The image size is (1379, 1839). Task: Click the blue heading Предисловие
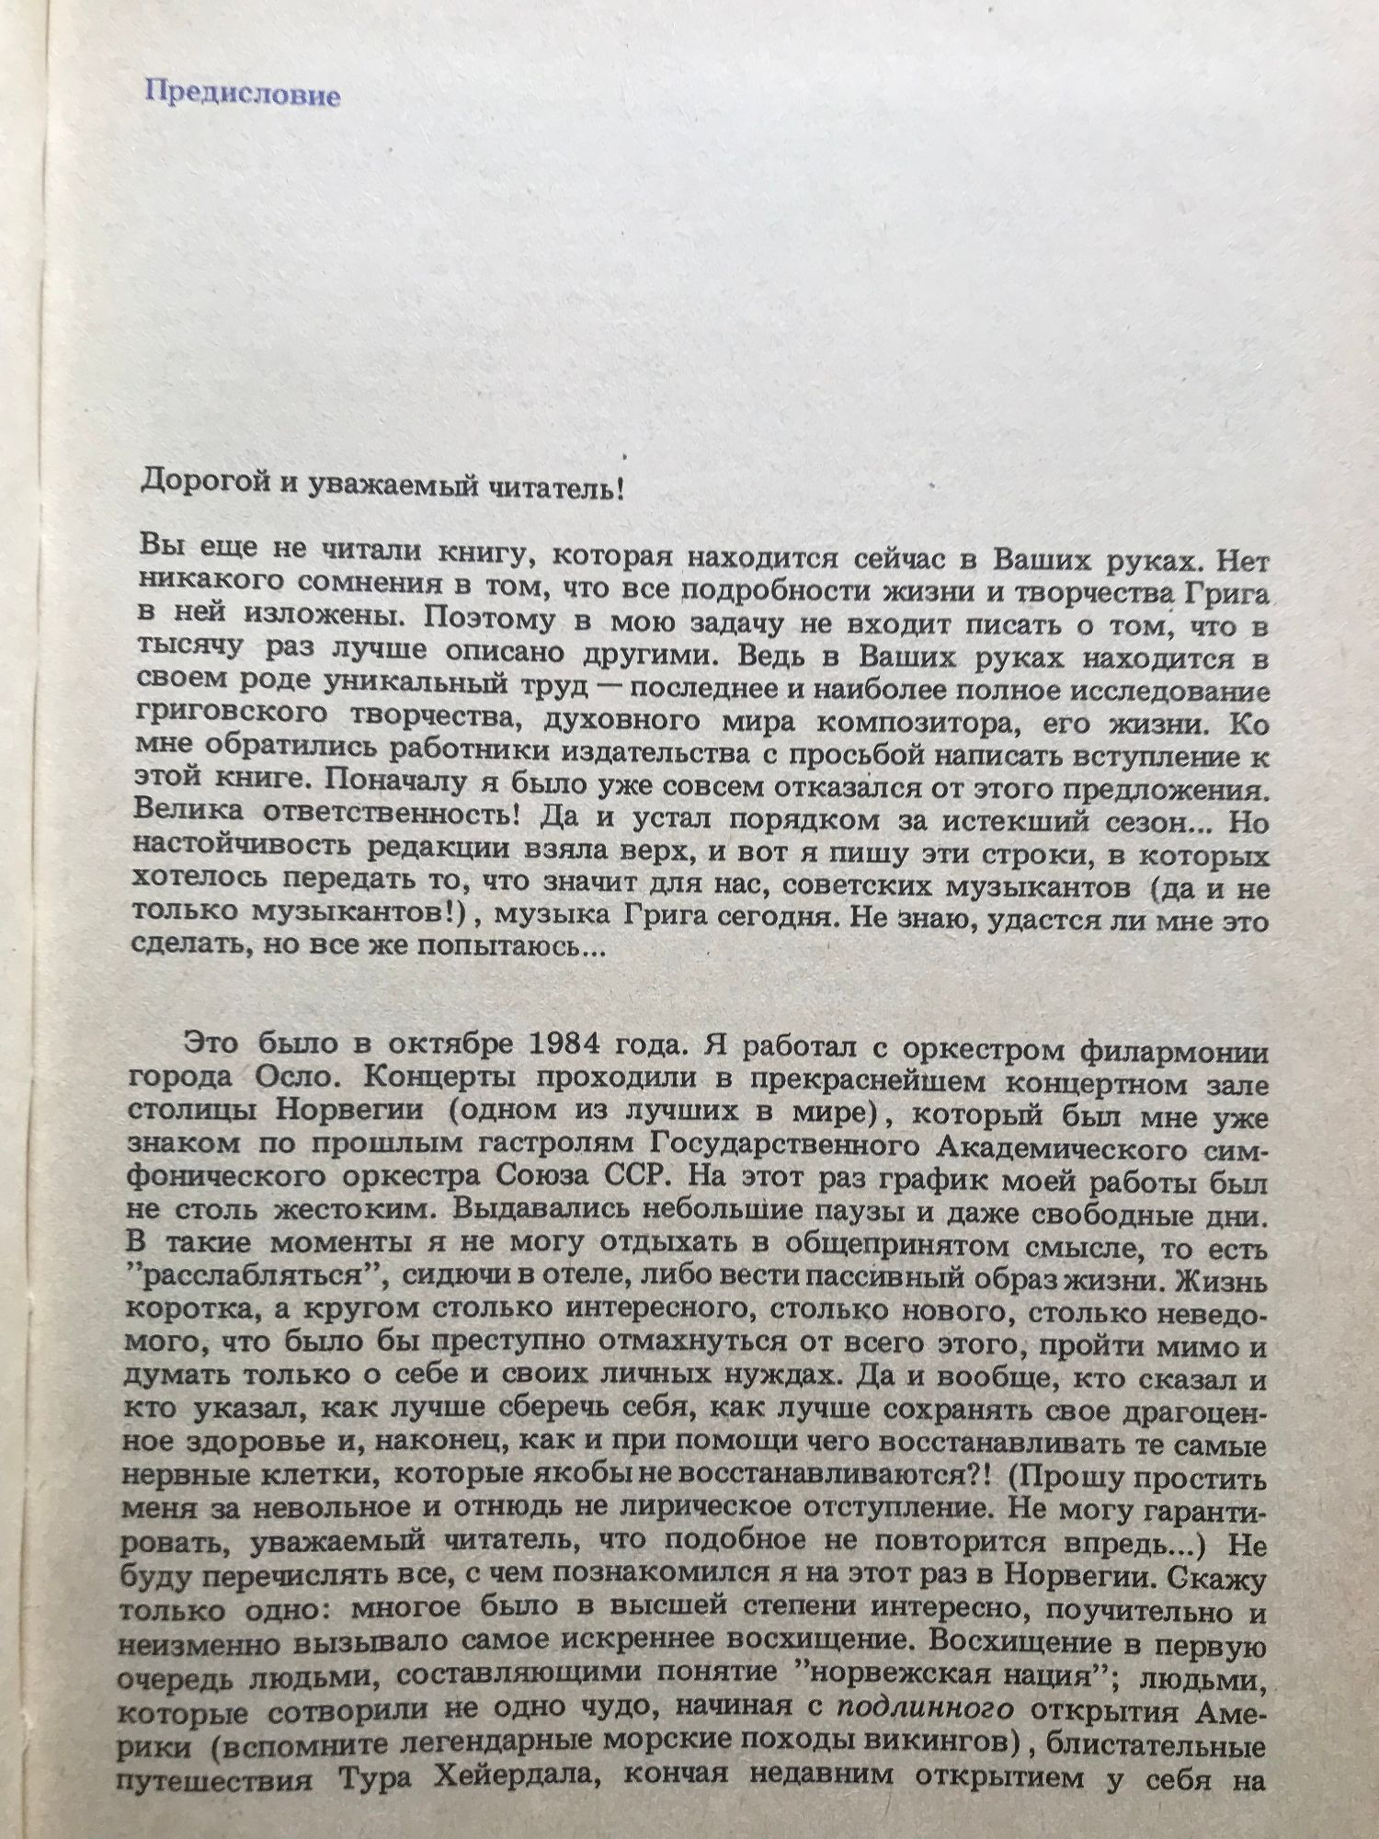coord(244,95)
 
